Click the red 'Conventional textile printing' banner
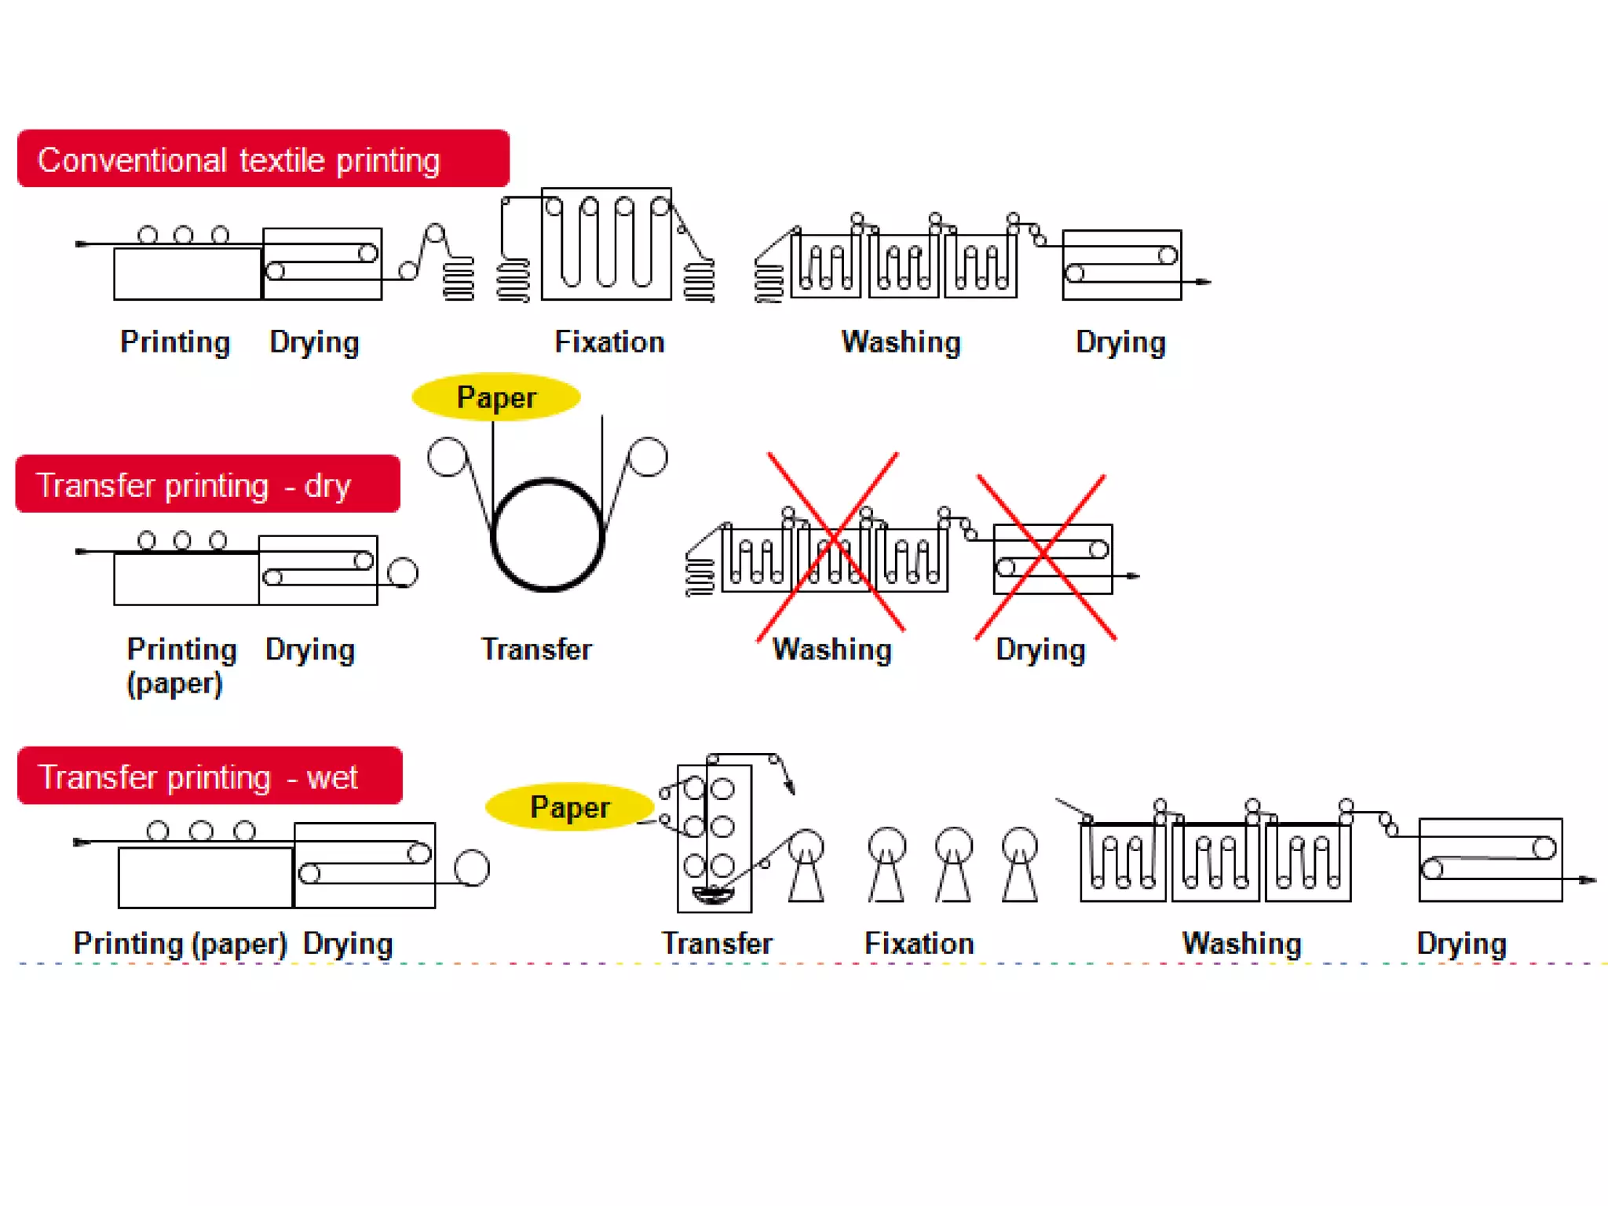click(x=263, y=159)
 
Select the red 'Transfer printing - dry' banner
click(x=207, y=484)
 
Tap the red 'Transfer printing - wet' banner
click(x=210, y=777)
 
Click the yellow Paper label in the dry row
click(x=496, y=397)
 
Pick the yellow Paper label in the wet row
click(x=570, y=807)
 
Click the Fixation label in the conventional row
click(x=609, y=342)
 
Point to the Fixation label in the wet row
click(x=919, y=943)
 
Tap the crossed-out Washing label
click(x=832, y=649)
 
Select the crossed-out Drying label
click(x=1040, y=649)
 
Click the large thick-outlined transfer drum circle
click(x=547, y=535)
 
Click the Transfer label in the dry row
click(x=536, y=649)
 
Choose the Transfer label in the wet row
click(x=717, y=943)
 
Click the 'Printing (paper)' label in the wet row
click(x=180, y=943)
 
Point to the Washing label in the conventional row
click(x=901, y=342)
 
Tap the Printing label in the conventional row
click(x=175, y=342)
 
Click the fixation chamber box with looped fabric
click(x=606, y=243)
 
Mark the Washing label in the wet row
click(x=1241, y=943)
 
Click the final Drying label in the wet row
click(x=1461, y=943)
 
